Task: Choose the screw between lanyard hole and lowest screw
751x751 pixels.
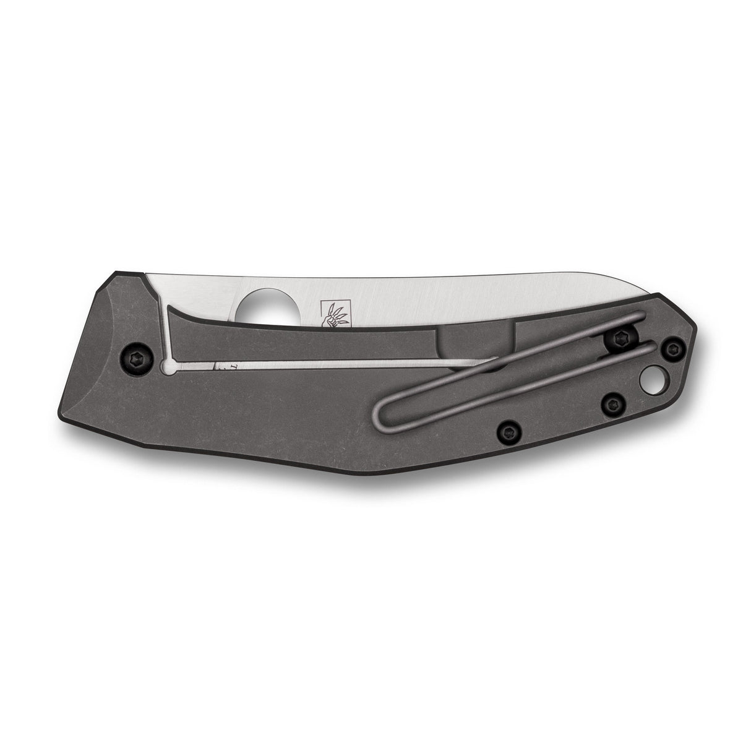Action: [x=612, y=403]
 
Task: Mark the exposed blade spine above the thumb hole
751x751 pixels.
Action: [x=260, y=276]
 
